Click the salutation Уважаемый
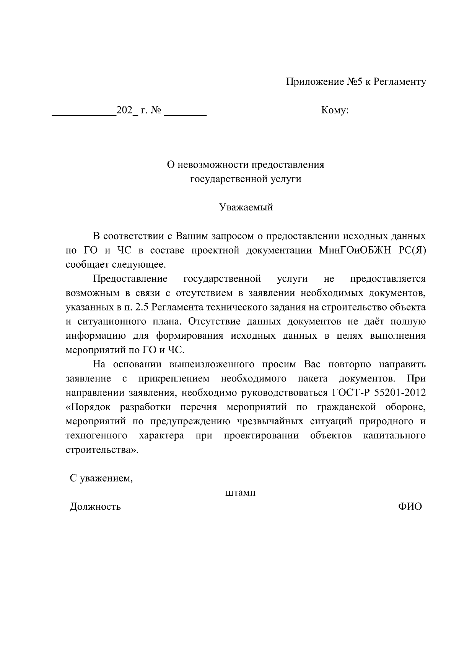click(x=246, y=208)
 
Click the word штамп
click(x=240, y=493)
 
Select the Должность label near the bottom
click(x=95, y=507)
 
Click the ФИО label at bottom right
click(x=410, y=507)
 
